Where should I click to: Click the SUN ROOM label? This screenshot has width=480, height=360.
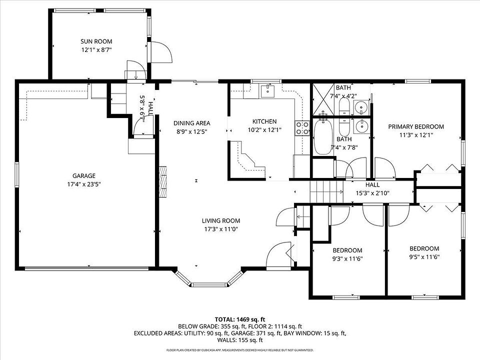(96, 41)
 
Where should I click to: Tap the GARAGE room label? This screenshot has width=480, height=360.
(84, 175)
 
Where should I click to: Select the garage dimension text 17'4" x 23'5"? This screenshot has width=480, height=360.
(84, 184)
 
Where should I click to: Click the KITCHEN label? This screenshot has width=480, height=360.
(264, 121)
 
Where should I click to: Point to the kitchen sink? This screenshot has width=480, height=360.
(268, 91)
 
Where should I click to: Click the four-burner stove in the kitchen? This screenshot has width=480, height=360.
(302, 128)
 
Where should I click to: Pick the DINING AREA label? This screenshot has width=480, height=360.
(192, 123)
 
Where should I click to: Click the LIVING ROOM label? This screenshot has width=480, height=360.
(221, 220)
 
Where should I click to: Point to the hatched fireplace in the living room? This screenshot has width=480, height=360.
(163, 182)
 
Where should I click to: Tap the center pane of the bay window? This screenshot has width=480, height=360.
(210, 284)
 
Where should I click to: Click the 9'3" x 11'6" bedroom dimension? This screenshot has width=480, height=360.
(347, 258)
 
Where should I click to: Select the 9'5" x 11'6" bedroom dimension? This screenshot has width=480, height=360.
(424, 257)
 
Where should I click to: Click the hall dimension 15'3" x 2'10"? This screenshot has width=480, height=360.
(372, 193)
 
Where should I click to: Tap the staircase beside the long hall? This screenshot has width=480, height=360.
(326, 192)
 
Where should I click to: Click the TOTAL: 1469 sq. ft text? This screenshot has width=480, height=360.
(240, 319)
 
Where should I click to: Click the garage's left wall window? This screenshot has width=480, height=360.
(17, 174)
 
